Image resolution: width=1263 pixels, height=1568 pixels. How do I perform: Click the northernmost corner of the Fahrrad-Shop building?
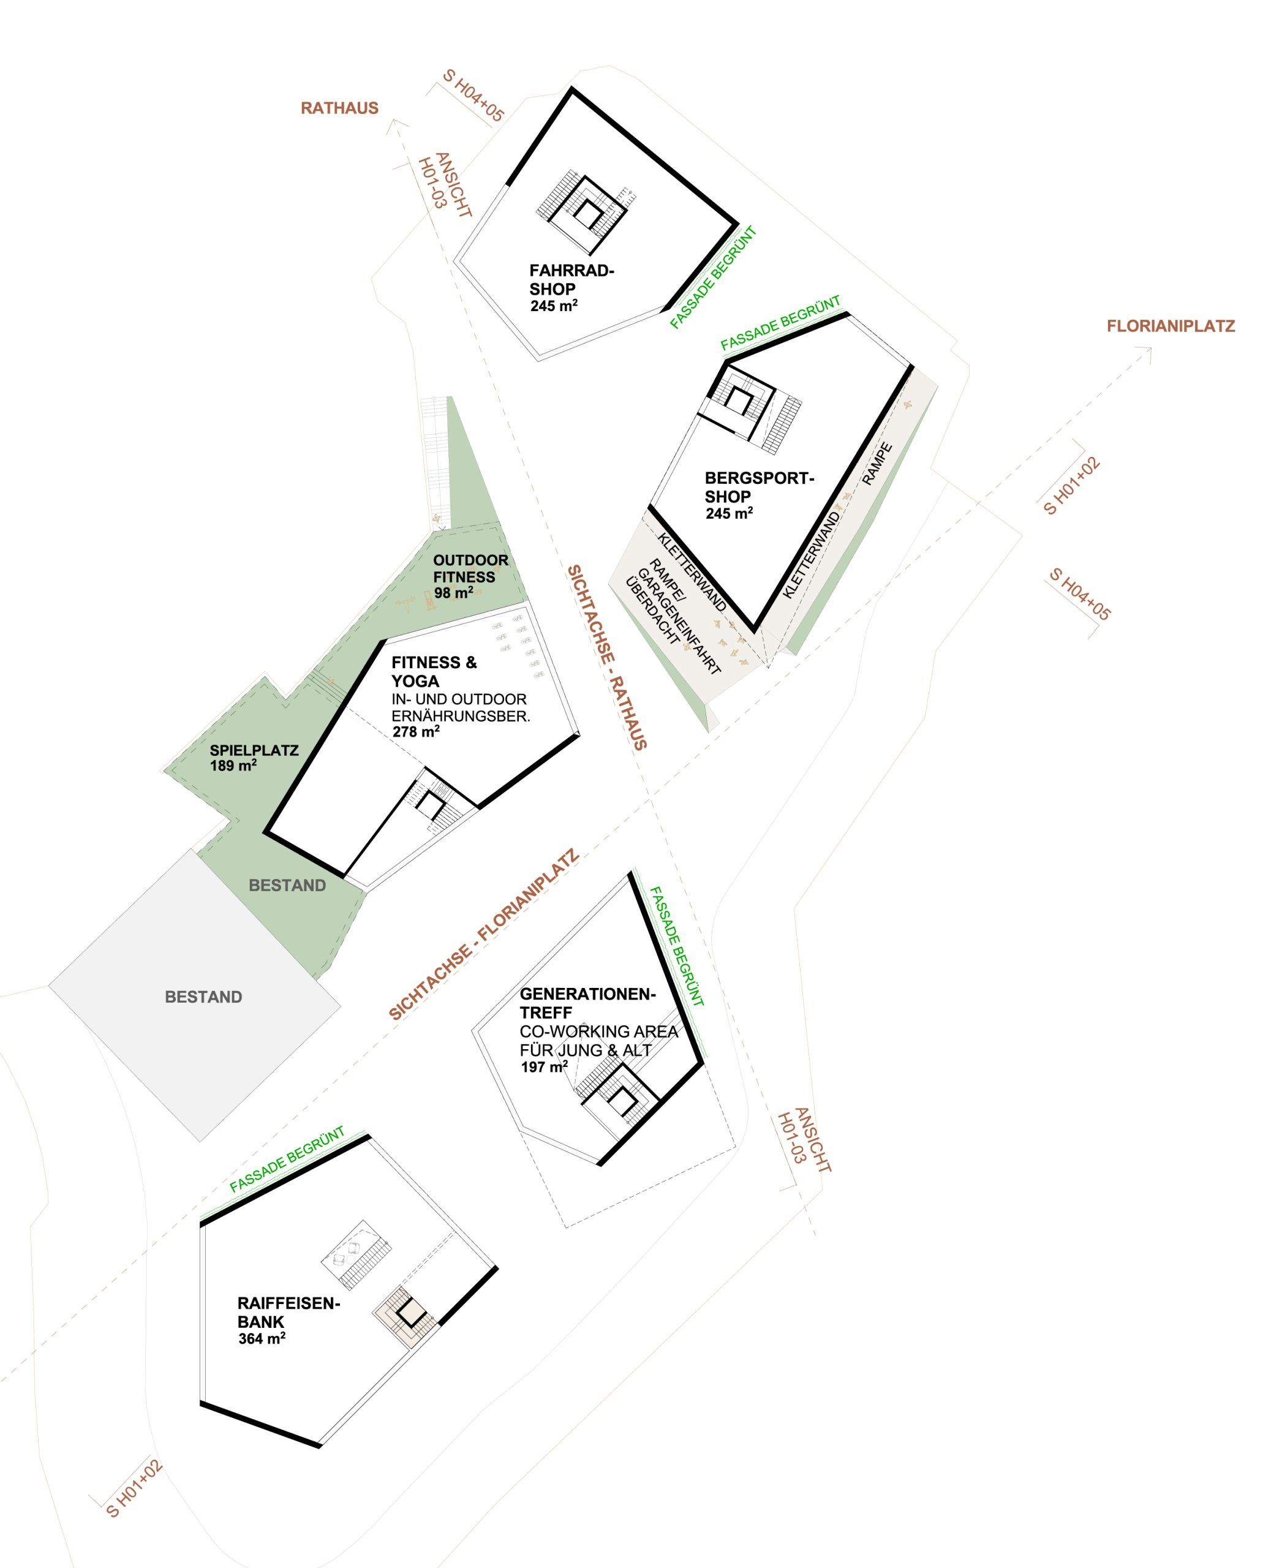click(x=572, y=89)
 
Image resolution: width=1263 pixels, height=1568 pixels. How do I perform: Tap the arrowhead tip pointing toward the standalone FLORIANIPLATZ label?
click(x=1151, y=349)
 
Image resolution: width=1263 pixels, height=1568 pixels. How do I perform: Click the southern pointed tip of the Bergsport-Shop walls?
click(x=755, y=630)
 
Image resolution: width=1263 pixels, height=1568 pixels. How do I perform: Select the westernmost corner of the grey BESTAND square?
click(x=50, y=986)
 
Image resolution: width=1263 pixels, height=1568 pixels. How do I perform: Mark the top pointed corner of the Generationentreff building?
click(x=630, y=873)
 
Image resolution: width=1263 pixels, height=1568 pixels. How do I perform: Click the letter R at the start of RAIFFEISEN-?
click(x=243, y=1304)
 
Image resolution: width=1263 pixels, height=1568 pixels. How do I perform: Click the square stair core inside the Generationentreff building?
click(x=621, y=1100)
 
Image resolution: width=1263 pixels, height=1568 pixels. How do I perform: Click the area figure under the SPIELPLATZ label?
click(x=233, y=766)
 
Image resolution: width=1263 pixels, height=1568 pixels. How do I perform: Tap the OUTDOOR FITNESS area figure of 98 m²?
click(x=454, y=592)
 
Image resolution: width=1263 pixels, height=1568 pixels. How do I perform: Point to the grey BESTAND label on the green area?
click(x=287, y=886)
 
